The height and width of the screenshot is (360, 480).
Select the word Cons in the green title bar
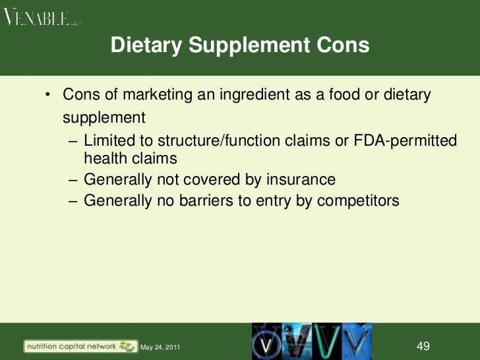342,45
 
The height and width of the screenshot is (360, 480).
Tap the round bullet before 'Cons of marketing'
48,95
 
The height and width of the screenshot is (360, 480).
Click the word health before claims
104,158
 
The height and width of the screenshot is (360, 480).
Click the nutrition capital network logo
76,345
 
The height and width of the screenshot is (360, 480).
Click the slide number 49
424,345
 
